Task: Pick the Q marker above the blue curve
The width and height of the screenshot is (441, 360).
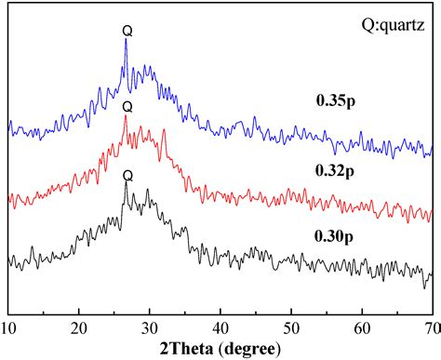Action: [127, 31]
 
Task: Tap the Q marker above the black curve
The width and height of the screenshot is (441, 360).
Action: [127, 174]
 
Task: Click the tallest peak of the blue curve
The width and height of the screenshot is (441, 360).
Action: [127, 42]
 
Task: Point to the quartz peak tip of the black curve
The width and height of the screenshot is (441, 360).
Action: [127, 183]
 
